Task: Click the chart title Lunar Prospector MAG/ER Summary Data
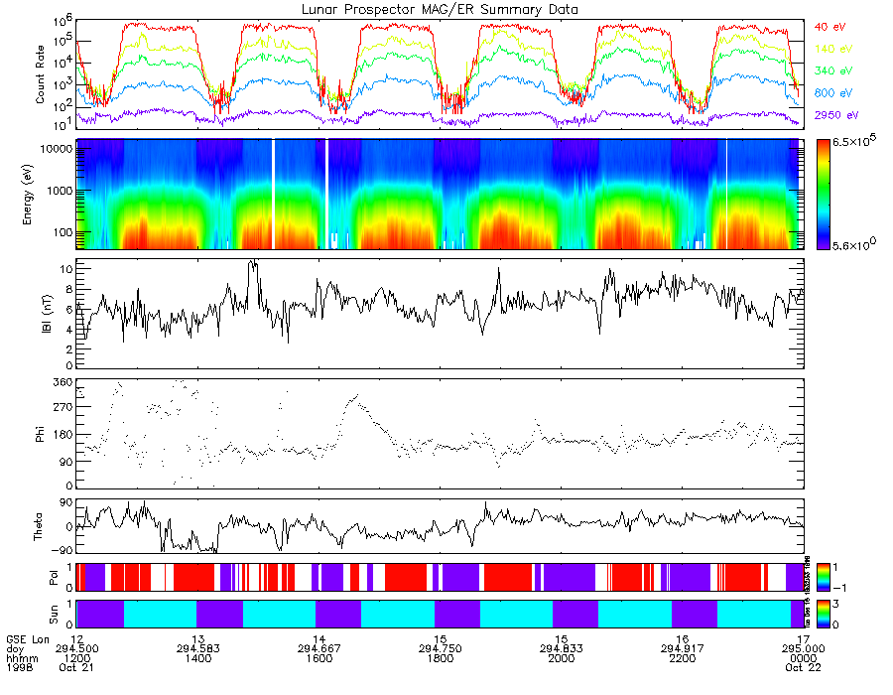[x=438, y=9]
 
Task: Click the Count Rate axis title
[x=41, y=76]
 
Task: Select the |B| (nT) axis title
[x=41, y=314]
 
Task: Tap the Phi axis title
[x=41, y=434]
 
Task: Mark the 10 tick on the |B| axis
[x=65, y=269]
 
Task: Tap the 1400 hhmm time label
[x=198, y=657]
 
